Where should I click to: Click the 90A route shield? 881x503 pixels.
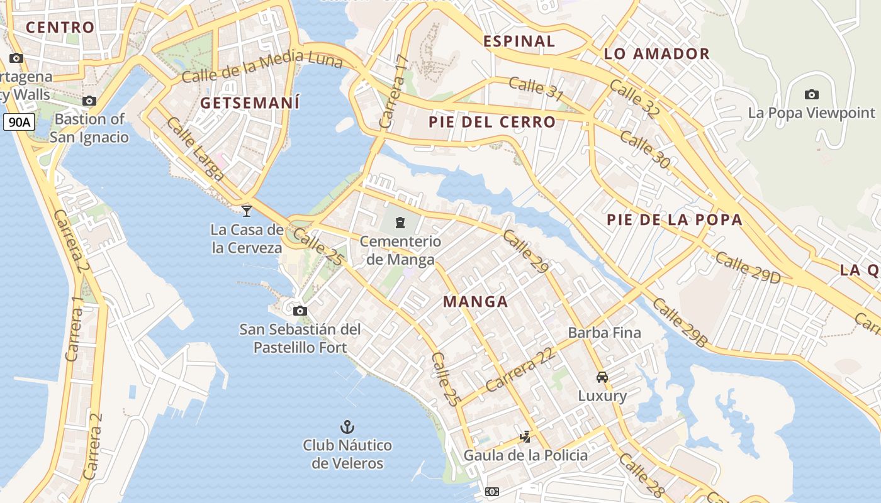[x=18, y=122]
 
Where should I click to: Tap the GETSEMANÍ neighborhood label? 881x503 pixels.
[x=250, y=103]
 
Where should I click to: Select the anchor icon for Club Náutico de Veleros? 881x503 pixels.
[x=347, y=427]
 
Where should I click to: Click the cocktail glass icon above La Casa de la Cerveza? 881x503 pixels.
[x=247, y=211]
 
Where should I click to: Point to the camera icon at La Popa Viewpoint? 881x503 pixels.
[x=812, y=94]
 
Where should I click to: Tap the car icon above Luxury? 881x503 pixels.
[x=602, y=377]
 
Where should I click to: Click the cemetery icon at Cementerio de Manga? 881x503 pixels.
[x=400, y=222]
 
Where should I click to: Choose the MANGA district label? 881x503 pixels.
[x=475, y=302]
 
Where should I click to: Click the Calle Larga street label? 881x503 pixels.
[x=194, y=149]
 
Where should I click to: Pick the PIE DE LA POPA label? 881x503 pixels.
[x=675, y=220]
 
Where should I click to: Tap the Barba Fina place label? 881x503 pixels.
[x=604, y=333]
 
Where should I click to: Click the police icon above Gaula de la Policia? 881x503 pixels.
[x=525, y=436]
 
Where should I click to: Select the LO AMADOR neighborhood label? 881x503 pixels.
[x=657, y=54]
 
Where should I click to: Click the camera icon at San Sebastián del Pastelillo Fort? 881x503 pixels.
[x=300, y=311]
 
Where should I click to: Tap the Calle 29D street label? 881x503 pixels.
[x=748, y=268]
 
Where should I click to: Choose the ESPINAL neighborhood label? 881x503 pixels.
[x=519, y=41]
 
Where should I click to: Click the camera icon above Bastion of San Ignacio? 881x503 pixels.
[x=89, y=101]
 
